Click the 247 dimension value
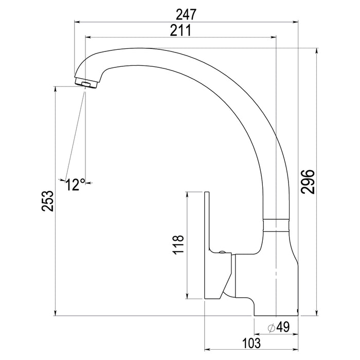[186, 14]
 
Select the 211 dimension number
[181, 30]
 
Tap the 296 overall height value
[308, 182]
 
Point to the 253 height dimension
[47, 201]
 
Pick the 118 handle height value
[178, 244]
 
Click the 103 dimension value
[251, 343]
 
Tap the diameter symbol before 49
[272, 328]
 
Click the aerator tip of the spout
[86, 83]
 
